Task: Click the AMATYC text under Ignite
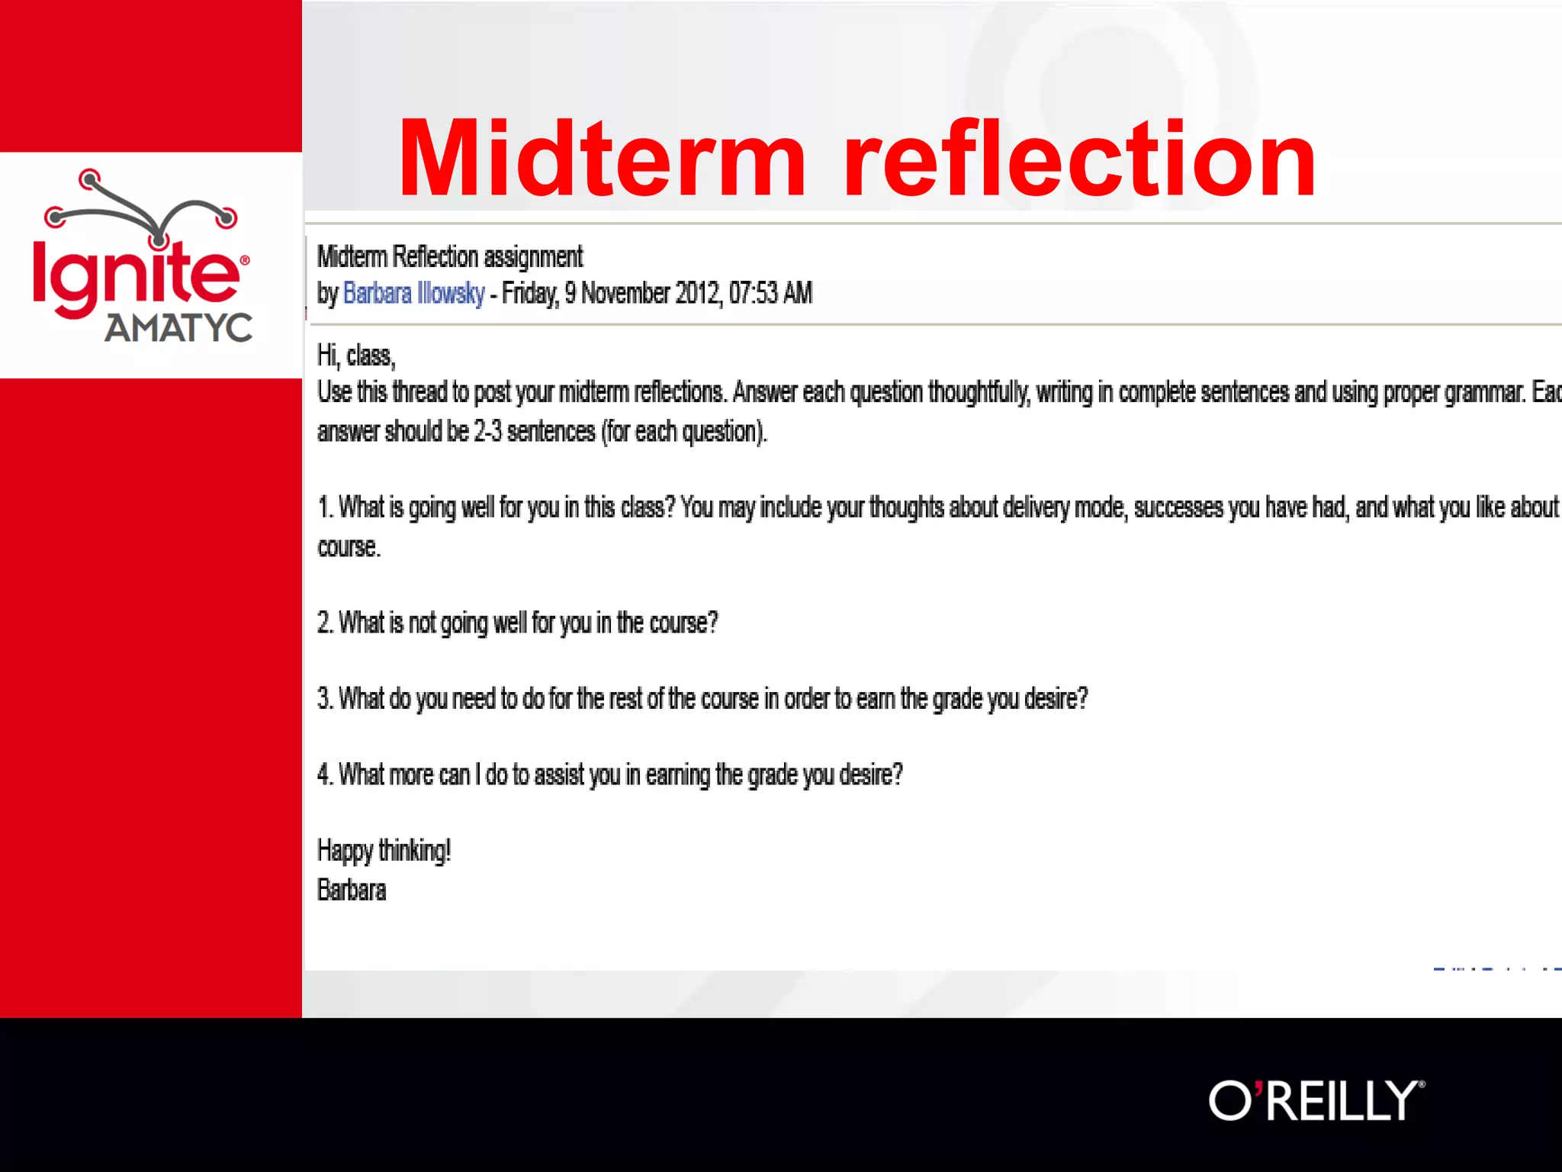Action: (x=178, y=328)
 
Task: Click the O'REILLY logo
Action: (x=1316, y=1100)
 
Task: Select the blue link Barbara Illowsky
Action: (x=413, y=294)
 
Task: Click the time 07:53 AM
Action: (x=770, y=294)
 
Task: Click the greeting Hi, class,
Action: (x=355, y=356)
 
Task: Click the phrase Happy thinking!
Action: (x=384, y=851)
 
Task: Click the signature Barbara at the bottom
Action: (x=352, y=890)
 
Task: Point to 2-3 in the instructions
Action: (x=487, y=432)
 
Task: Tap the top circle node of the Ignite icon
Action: (x=90, y=179)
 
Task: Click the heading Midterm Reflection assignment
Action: (x=450, y=257)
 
